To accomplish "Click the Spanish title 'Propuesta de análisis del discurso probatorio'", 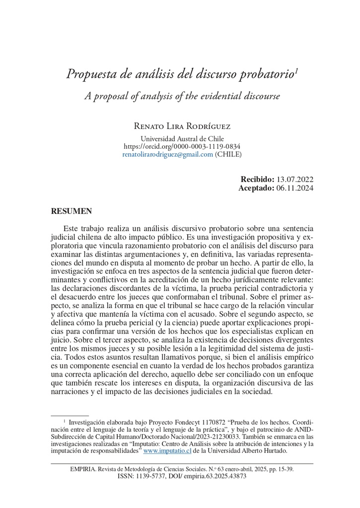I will [180, 74].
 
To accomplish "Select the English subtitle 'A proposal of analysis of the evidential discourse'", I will [182, 96].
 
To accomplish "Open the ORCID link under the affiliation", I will [182, 146].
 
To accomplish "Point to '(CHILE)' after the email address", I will [228, 154].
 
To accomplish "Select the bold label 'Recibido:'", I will [257, 180].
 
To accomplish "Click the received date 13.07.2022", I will [295, 180].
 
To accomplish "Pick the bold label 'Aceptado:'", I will [256, 188].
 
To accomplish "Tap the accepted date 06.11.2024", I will [295, 188].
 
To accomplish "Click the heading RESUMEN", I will [72, 211].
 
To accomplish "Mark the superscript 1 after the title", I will [296, 71].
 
